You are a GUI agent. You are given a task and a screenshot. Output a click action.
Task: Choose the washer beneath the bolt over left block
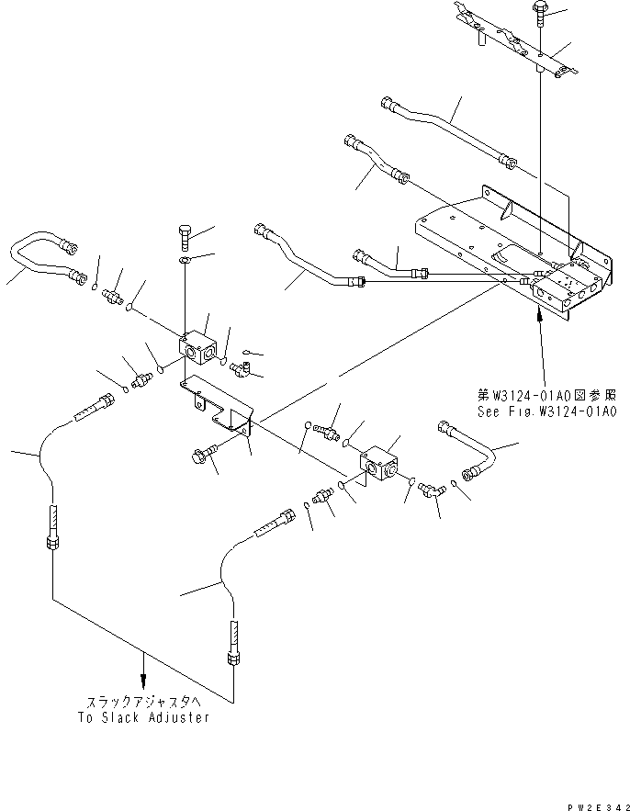point(185,265)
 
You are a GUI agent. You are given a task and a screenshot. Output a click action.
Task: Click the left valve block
point(199,350)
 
